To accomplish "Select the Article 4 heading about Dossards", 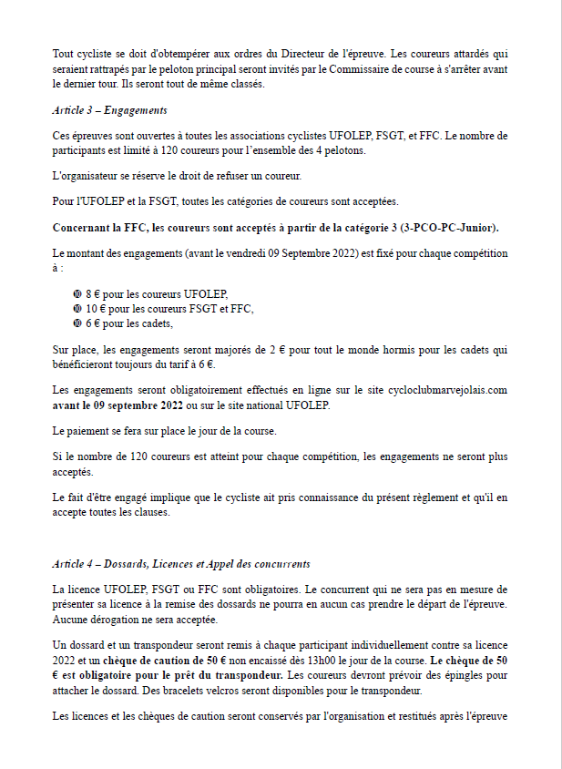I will tap(181, 564).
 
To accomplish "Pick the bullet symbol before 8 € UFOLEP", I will tap(77, 294).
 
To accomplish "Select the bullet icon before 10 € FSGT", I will tap(77, 309).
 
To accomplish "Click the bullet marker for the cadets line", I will tap(77, 323).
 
